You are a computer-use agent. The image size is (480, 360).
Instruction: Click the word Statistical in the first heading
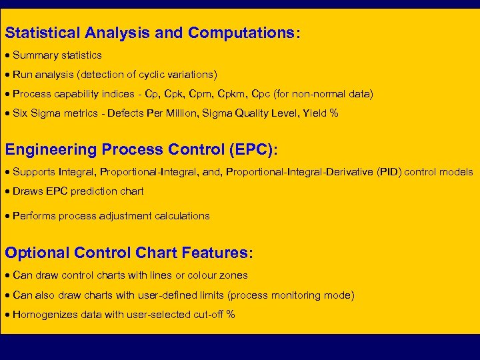click(x=41, y=33)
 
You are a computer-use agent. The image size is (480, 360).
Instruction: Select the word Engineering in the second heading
click(x=50, y=150)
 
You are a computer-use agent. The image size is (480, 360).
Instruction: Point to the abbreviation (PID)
click(x=390, y=172)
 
